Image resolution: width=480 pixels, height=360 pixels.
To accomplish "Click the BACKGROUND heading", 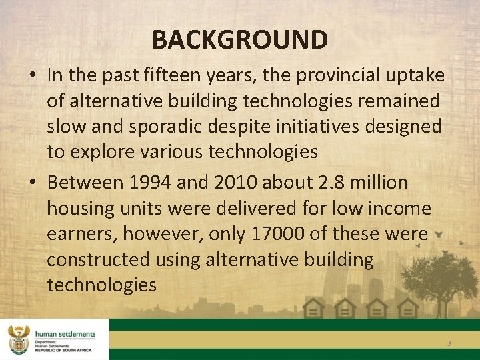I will (x=239, y=39).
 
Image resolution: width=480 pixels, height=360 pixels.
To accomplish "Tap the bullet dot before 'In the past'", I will (x=33, y=76).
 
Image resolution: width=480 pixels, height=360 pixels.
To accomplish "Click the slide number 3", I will (x=449, y=343).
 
